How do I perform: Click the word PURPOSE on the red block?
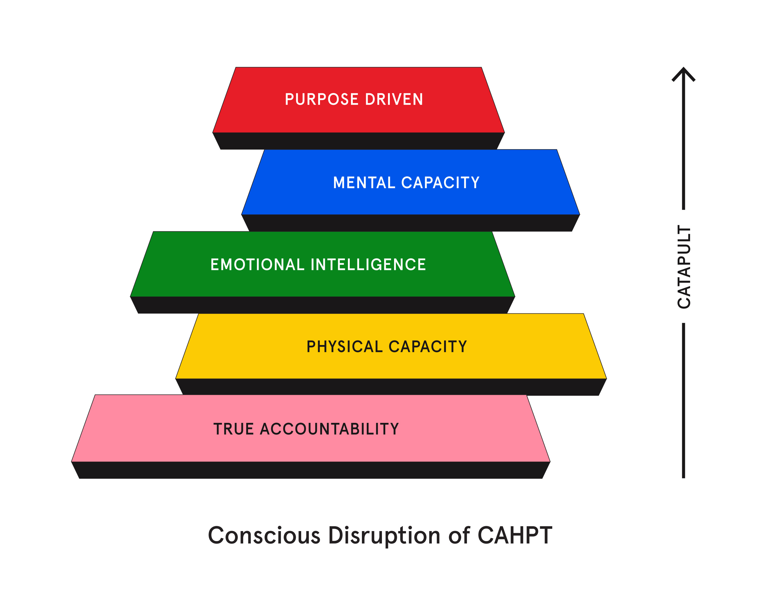click(x=322, y=99)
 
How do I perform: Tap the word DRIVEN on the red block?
click(x=394, y=99)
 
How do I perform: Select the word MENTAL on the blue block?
click(x=364, y=183)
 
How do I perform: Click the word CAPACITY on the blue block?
click(x=441, y=183)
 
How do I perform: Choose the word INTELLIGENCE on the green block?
click(x=368, y=265)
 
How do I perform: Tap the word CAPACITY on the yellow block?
click(x=428, y=347)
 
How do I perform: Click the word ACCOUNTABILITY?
click(x=329, y=429)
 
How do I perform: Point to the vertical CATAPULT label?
click(x=684, y=267)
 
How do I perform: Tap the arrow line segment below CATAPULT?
click(x=683, y=400)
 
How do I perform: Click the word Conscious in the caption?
click(x=264, y=536)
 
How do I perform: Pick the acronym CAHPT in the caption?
click(x=515, y=536)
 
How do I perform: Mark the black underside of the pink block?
click(x=311, y=470)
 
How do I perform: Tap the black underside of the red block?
click(x=358, y=141)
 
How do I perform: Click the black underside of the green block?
click(x=322, y=305)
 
